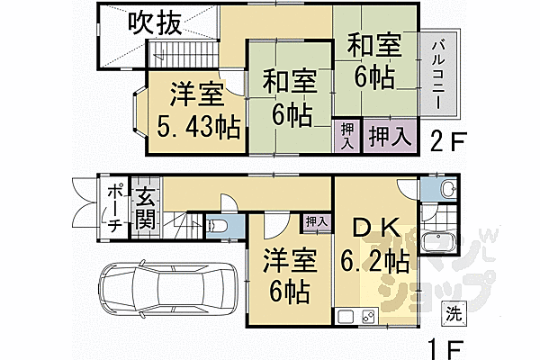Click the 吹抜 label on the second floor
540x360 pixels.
157,22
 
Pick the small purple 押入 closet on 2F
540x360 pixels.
347,138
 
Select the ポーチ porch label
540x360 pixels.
115,210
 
